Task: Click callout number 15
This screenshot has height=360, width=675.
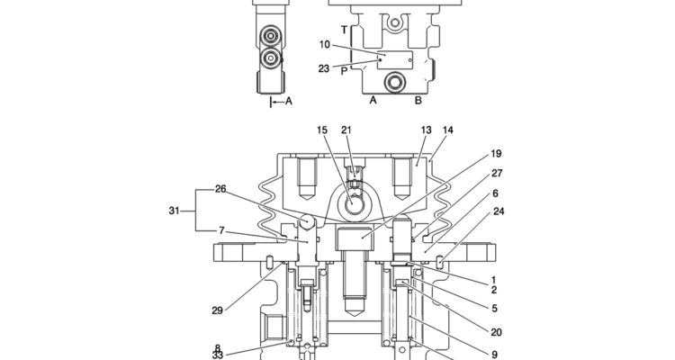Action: (322, 130)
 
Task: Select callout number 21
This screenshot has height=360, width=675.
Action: (346, 130)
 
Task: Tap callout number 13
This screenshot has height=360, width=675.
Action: (426, 130)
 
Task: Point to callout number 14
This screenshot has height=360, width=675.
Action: (448, 130)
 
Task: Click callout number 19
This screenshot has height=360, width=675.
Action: (496, 154)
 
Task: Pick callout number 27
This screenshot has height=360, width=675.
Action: (497, 173)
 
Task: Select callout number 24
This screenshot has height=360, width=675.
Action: (499, 211)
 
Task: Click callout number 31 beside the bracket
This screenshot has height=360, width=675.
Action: (174, 211)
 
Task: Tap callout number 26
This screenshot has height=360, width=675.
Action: (220, 189)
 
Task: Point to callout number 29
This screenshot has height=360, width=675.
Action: (218, 310)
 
